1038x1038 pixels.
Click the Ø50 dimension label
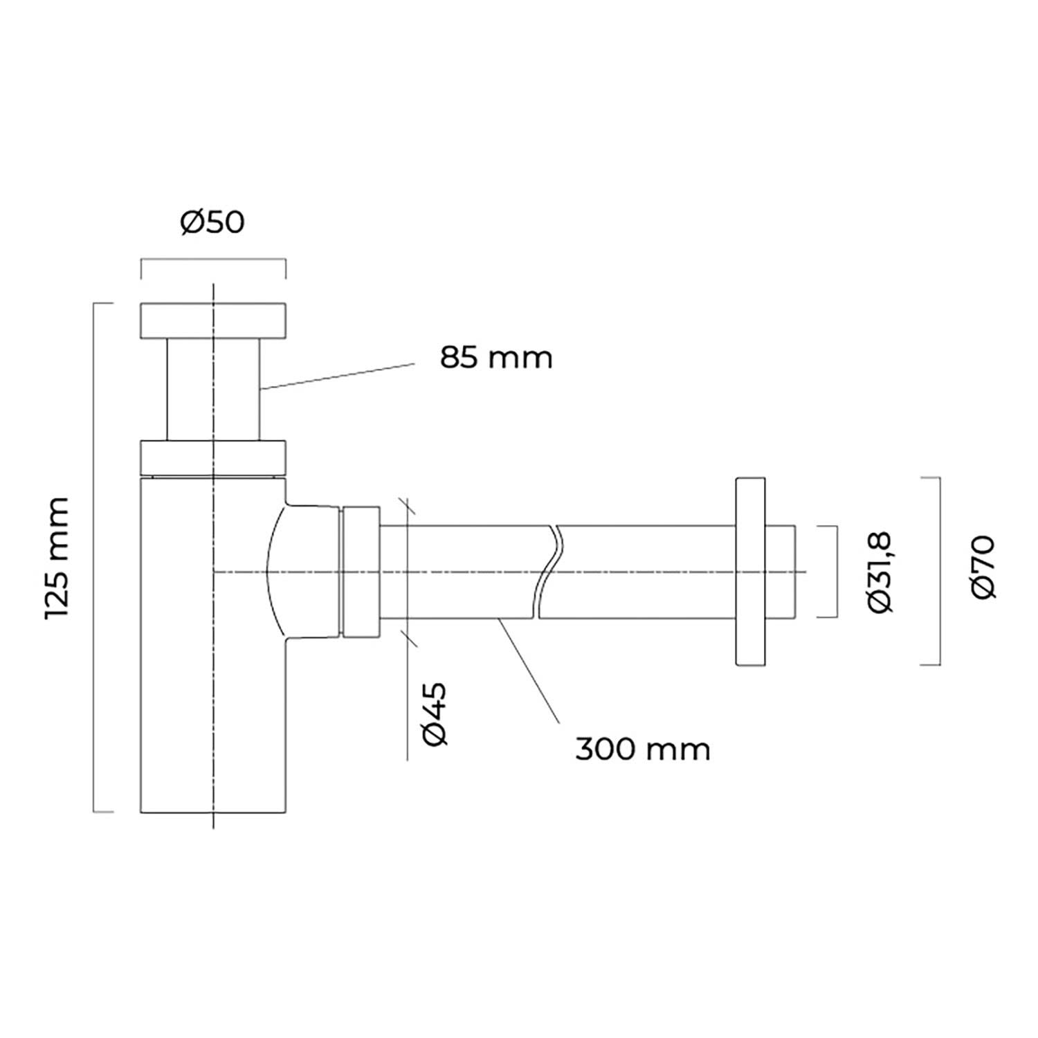(212, 223)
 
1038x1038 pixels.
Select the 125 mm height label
(57, 558)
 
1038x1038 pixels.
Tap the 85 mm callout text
(497, 358)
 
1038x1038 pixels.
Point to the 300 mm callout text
(643, 749)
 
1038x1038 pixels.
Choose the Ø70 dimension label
(983, 567)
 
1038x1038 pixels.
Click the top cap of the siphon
(213, 321)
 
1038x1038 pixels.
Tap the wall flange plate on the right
(751, 572)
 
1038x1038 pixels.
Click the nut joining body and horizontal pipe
(361, 572)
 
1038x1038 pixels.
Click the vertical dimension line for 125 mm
(94, 557)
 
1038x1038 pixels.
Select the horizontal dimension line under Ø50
(213, 259)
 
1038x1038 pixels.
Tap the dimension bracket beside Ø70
(939, 571)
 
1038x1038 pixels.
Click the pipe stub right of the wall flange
(780, 572)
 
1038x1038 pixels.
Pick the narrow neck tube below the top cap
(213, 390)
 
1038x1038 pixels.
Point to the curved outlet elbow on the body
(303, 572)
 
